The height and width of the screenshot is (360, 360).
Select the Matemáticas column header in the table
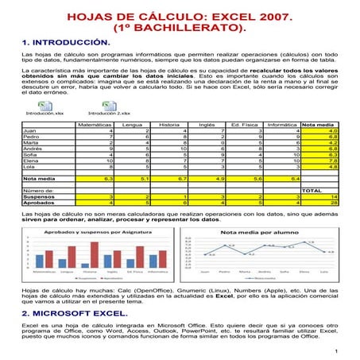[95, 124]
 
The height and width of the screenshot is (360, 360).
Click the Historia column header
[168, 124]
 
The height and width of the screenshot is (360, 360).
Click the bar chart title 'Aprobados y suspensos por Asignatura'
[92, 231]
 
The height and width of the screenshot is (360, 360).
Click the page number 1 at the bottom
[338, 350]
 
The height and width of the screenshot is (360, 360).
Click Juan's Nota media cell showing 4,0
[333, 130]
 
